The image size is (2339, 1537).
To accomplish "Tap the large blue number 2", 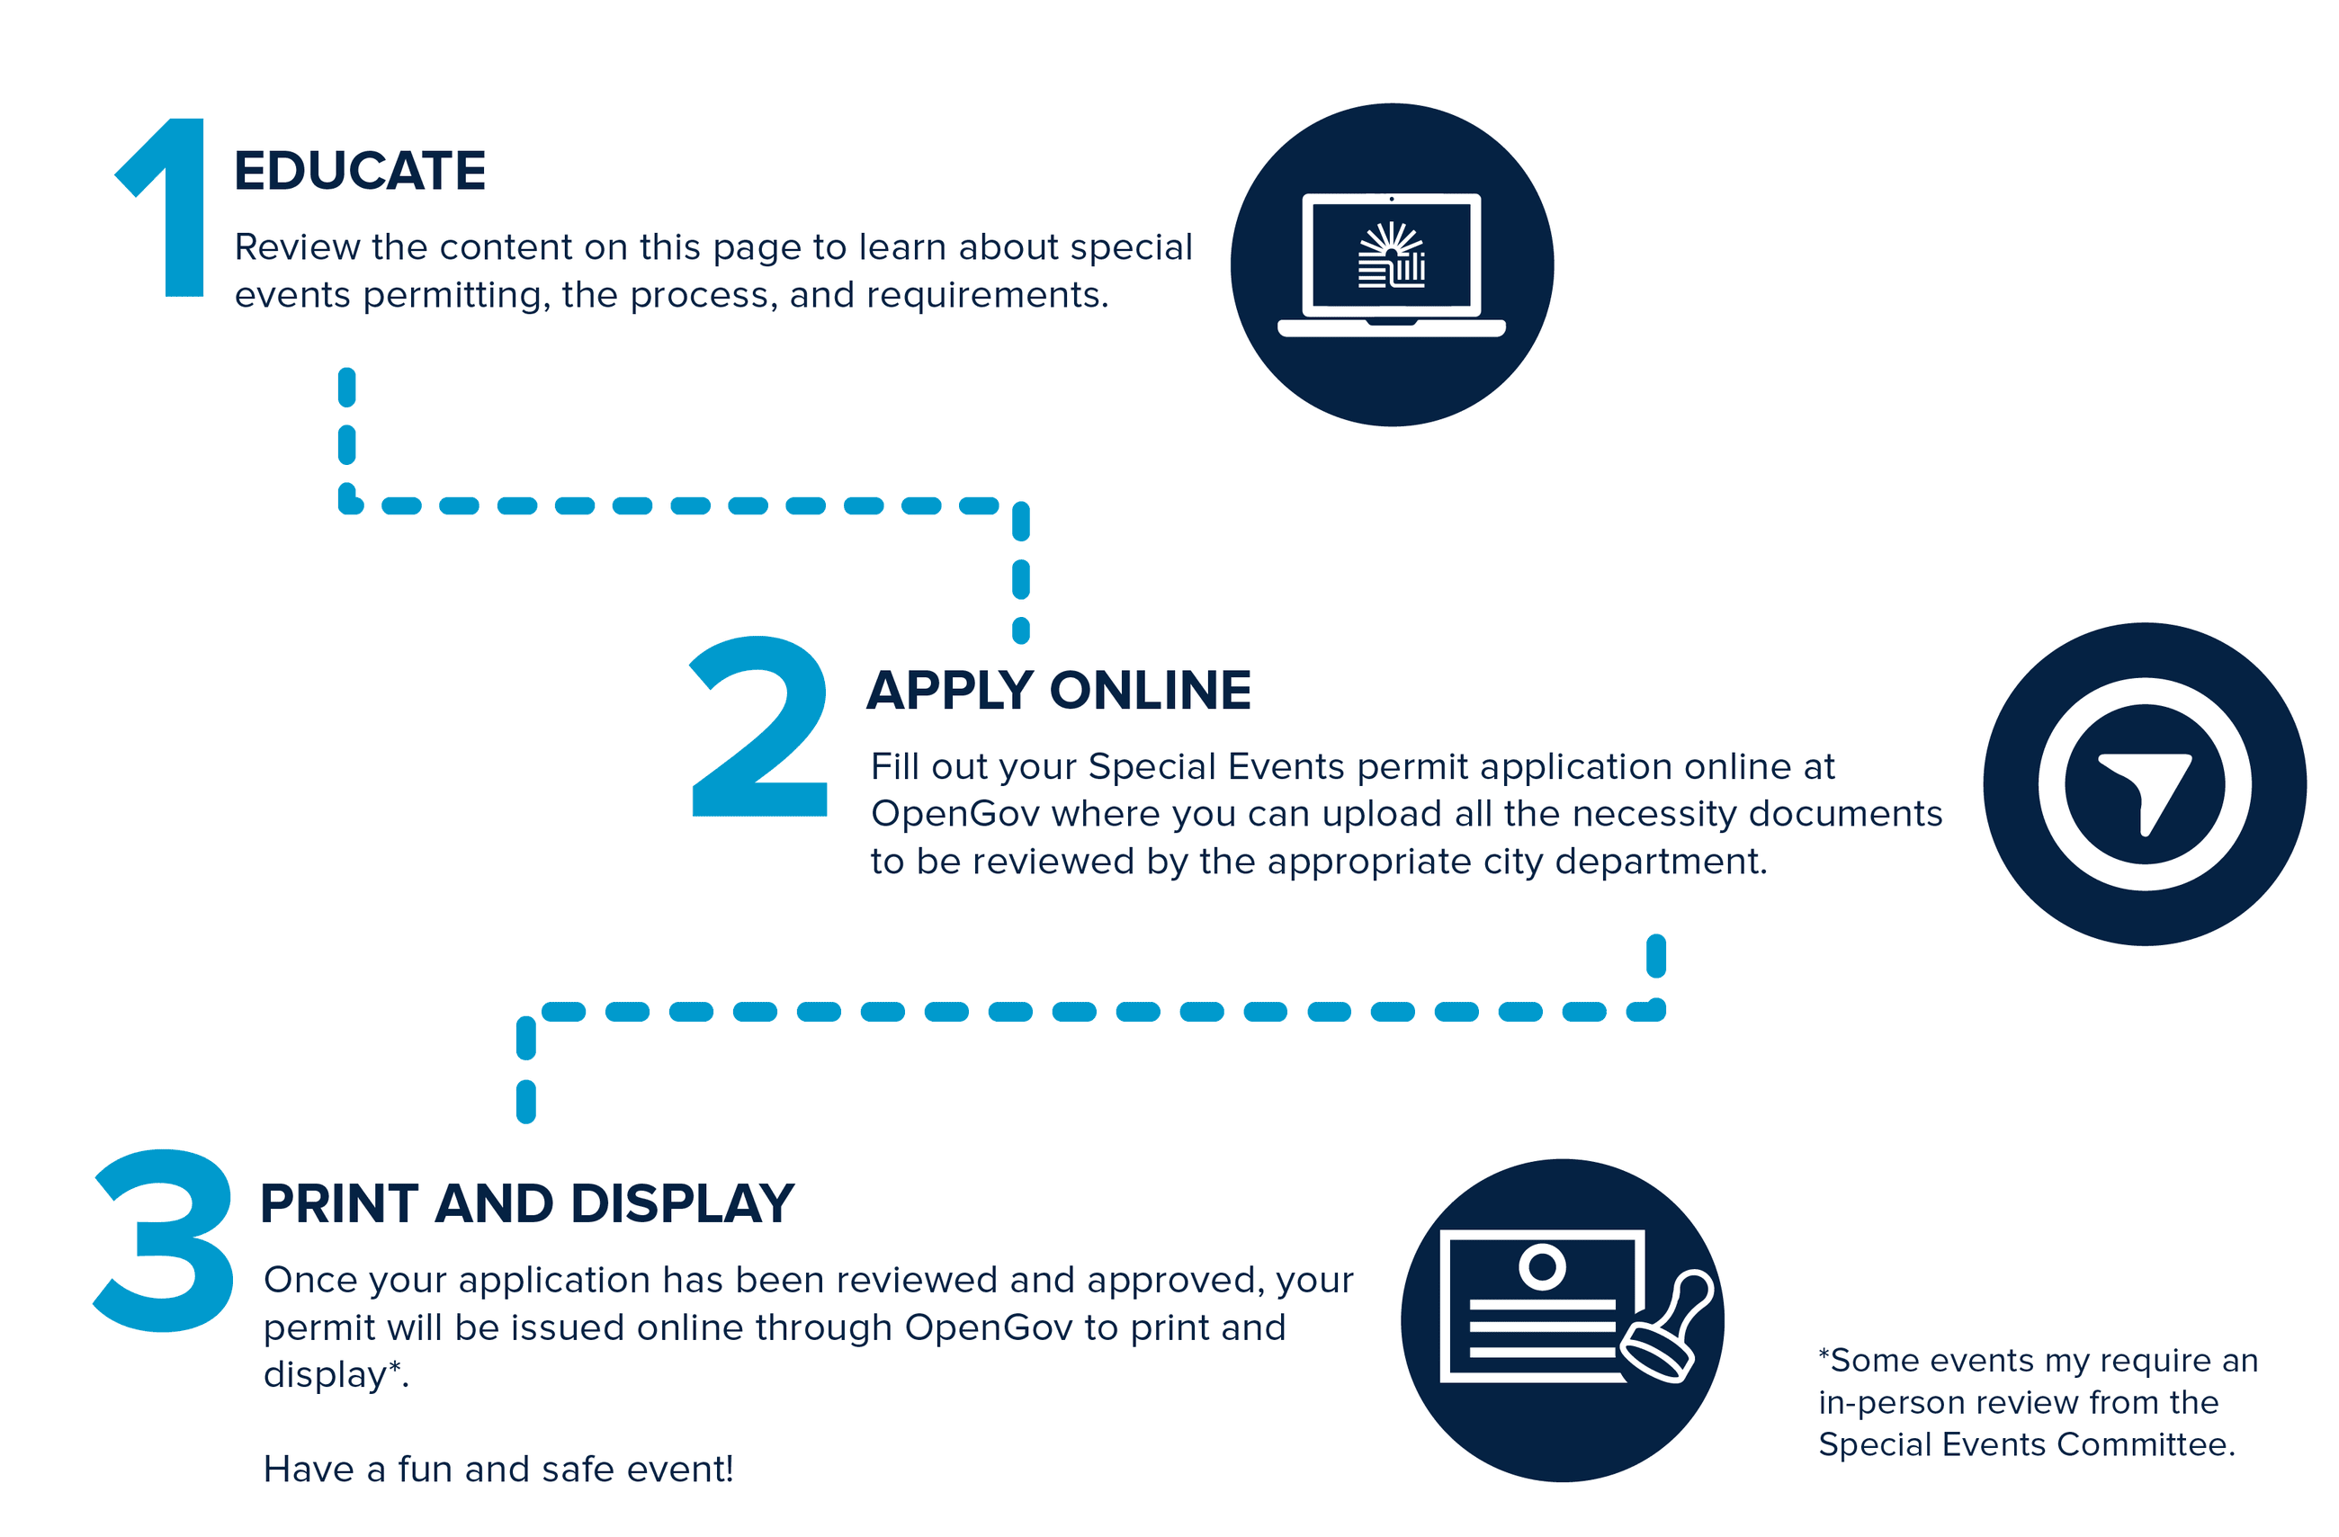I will click(x=758, y=728).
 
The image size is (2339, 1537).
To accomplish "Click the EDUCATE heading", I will click(x=360, y=171).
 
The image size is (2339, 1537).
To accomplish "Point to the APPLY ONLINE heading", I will click(x=1059, y=690).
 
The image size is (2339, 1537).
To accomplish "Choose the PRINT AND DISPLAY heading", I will click(x=527, y=1204).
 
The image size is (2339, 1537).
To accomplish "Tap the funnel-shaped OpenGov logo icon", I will click(x=2145, y=786).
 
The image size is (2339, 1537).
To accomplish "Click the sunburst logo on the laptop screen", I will click(x=1391, y=255).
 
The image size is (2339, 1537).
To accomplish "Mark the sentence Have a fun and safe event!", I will click(x=498, y=1470).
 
